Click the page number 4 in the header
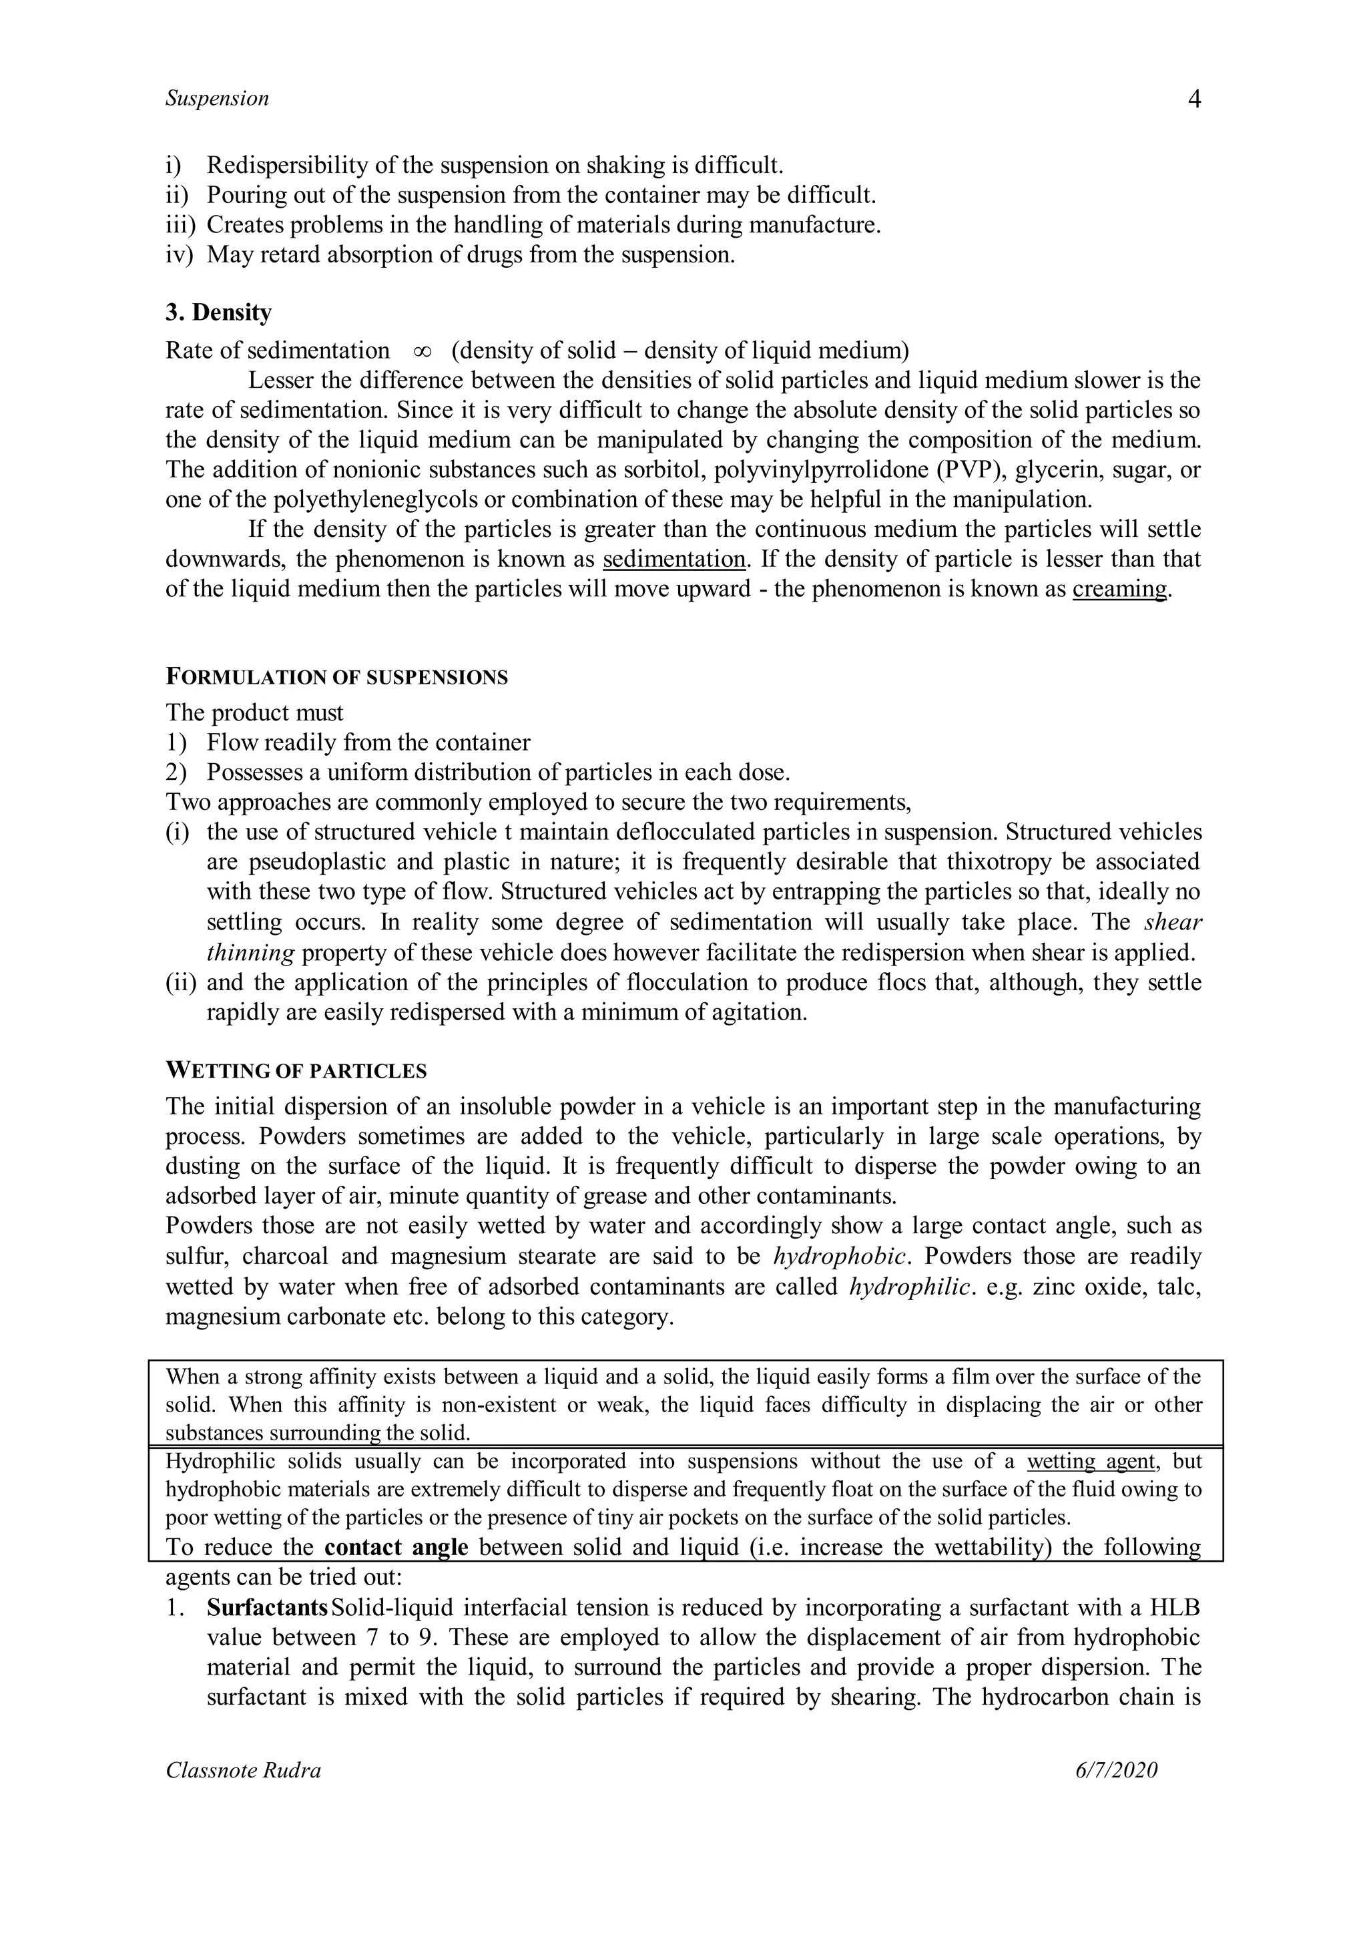pyautogui.click(x=1193, y=99)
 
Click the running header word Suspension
pyautogui.click(x=217, y=99)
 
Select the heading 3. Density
pyautogui.click(x=218, y=312)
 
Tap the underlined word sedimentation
pyautogui.click(x=674, y=559)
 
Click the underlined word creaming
pyautogui.click(x=1119, y=588)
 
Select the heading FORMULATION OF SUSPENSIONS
pyautogui.click(x=336, y=677)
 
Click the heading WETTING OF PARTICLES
pyautogui.click(x=296, y=1071)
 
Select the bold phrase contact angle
pyautogui.click(x=396, y=1548)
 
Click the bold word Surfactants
pyautogui.click(x=267, y=1607)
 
